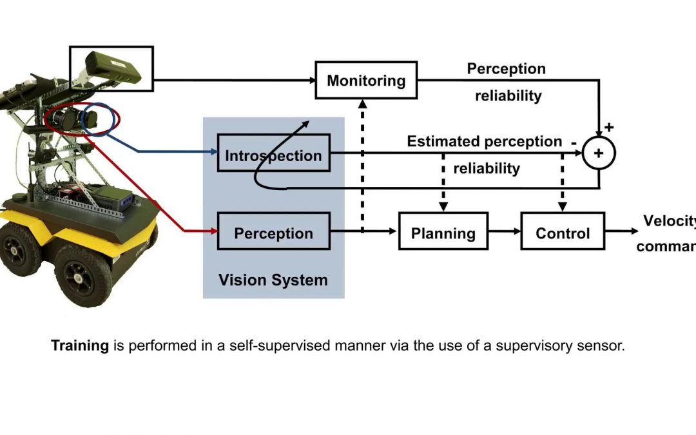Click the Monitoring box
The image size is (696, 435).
point(366,81)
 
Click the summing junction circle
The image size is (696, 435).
point(599,153)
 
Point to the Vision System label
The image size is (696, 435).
point(273,280)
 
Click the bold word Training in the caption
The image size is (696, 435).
point(80,345)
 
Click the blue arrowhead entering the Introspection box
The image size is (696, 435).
point(213,153)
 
